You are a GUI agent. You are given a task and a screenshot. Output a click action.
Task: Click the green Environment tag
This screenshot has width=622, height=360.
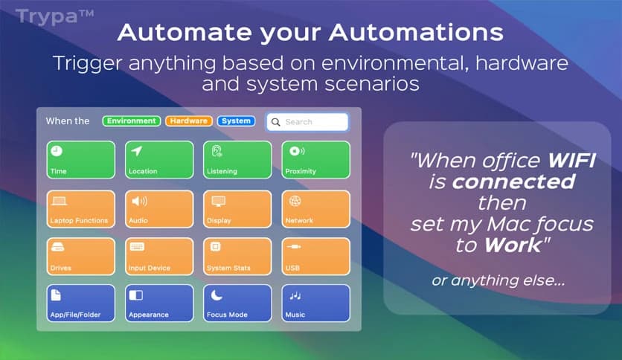click(131, 121)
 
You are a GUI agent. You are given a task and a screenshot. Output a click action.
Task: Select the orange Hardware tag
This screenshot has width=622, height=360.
click(189, 121)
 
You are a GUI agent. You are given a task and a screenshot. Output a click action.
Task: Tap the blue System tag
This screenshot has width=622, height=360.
click(236, 121)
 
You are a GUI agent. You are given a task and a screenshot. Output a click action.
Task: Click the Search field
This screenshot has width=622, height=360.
click(308, 122)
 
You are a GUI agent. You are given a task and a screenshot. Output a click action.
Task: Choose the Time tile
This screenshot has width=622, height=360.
click(81, 160)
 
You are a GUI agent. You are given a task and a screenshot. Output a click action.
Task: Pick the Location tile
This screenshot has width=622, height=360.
click(159, 160)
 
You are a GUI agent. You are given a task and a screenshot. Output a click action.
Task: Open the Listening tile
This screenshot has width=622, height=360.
click(237, 160)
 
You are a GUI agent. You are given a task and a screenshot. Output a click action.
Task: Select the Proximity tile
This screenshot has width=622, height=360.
click(315, 160)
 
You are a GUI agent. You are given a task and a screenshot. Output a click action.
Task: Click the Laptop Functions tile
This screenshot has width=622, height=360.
click(81, 209)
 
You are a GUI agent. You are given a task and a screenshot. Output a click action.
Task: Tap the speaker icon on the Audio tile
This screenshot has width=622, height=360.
click(139, 201)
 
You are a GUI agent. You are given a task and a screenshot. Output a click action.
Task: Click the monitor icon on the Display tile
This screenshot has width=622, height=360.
click(218, 202)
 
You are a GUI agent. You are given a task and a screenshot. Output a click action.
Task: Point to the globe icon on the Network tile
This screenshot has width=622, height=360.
click(295, 201)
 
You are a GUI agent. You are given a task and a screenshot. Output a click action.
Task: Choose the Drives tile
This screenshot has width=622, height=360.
click(81, 257)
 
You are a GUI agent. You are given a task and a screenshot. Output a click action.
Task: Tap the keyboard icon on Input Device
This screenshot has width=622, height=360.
click(137, 247)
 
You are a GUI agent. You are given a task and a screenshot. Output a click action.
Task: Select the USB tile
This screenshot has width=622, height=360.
click(315, 257)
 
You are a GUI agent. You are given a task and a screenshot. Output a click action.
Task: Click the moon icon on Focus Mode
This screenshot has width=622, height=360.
click(217, 295)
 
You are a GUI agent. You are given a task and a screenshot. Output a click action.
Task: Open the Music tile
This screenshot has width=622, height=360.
click(315, 303)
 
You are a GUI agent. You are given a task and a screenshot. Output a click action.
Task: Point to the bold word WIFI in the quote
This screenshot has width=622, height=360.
click(571, 161)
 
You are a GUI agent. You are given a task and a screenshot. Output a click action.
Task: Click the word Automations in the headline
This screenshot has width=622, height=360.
click(416, 32)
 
